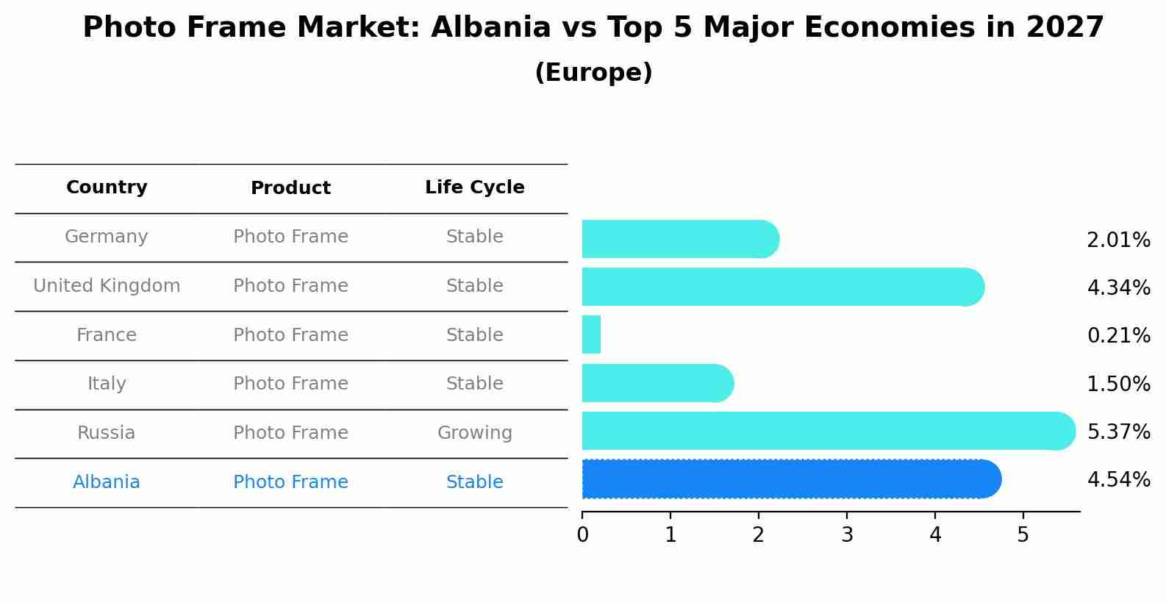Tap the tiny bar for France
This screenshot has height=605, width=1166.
point(591,334)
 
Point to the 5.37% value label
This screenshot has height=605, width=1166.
point(1118,432)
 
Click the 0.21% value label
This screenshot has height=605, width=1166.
point(1118,336)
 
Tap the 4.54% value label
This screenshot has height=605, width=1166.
point(1118,480)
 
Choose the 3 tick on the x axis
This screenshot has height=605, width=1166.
point(847,535)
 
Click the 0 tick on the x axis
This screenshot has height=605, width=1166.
point(582,535)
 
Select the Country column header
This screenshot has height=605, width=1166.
point(107,187)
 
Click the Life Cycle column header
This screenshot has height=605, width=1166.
point(474,187)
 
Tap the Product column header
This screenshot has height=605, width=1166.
point(290,188)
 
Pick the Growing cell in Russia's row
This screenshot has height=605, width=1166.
point(474,433)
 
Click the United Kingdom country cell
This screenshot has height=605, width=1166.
point(107,286)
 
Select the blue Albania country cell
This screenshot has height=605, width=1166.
point(107,482)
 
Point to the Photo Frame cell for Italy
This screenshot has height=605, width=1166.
point(290,384)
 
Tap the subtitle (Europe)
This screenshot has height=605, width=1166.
point(593,73)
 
